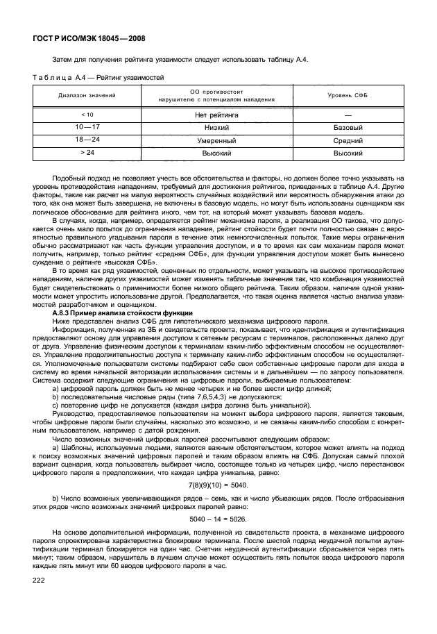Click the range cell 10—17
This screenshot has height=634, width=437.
tap(88, 128)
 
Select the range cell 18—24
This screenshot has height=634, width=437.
tap(88, 140)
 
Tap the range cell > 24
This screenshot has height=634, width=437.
tap(88, 151)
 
